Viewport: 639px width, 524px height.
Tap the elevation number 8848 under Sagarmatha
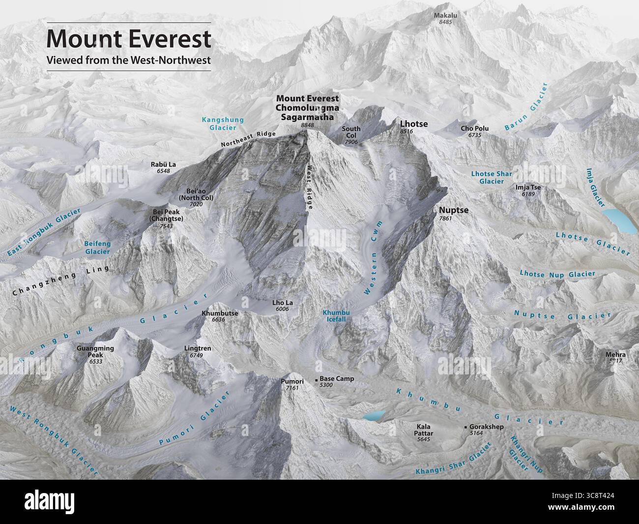point(307,126)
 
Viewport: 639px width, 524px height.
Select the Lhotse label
point(413,124)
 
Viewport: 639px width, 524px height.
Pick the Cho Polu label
point(474,129)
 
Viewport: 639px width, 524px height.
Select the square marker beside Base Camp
point(316,380)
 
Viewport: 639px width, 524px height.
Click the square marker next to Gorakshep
point(465,427)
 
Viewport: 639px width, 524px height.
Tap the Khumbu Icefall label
point(334,315)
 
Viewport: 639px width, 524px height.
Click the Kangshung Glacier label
point(216,123)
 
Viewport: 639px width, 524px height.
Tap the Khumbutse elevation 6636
point(218,320)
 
